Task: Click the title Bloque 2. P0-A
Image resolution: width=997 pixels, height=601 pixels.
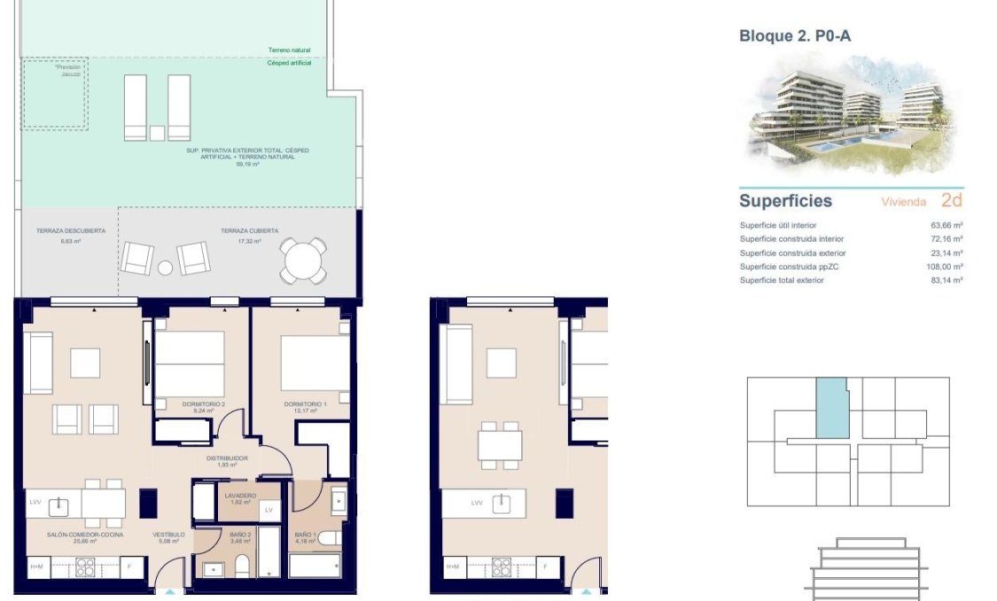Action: coord(794,36)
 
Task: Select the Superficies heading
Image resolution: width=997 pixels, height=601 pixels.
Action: coord(785,201)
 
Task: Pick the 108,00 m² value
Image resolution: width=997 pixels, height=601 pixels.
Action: coord(945,266)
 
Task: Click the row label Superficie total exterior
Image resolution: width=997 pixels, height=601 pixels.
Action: coord(782,280)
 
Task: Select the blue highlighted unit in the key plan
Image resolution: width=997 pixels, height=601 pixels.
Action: coord(830,407)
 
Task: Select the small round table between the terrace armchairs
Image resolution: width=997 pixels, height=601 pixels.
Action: coord(165,267)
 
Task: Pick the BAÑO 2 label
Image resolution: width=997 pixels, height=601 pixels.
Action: coord(240,535)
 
